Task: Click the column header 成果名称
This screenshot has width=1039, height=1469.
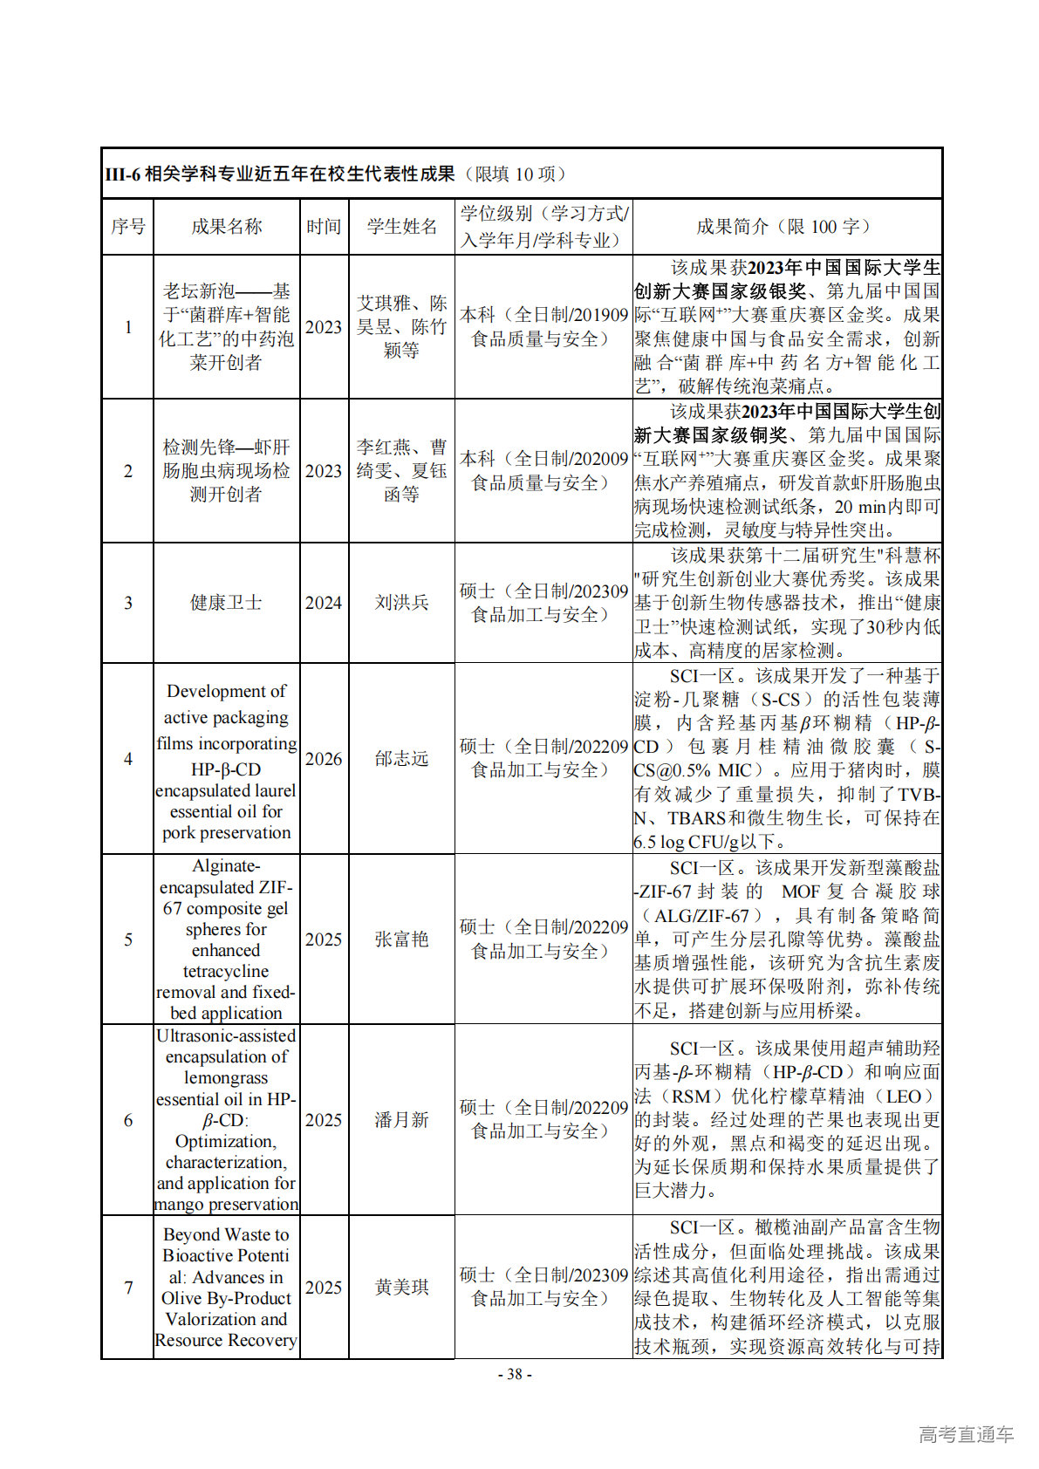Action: click(x=226, y=227)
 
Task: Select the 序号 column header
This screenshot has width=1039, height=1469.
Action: click(x=128, y=227)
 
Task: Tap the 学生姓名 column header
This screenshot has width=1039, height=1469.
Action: click(x=401, y=227)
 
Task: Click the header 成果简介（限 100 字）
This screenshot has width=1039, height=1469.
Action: click(x=786, y=227)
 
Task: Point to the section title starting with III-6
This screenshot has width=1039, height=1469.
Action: click(x=336, y=174)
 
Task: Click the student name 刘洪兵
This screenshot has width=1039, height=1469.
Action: click(x=401, y=603)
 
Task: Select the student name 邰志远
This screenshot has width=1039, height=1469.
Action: click(x=401, y=759)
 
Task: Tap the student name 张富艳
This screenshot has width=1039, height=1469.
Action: click(x=401, y=939)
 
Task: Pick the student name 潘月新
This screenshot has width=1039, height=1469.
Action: click(x=401, y=1120)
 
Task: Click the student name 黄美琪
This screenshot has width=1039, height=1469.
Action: click(x=401, y=1288)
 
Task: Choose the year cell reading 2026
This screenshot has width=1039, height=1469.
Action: click(x=324, y=759)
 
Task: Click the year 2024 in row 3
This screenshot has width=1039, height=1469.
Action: click(x=324, y=603)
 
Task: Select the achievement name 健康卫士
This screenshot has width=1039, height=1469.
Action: click(x=226, y=603)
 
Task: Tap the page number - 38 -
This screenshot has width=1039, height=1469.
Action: click(x=515, y=1375)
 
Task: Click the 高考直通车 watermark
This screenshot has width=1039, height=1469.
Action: click(x=966, y=1434)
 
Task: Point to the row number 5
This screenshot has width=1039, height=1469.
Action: click(x=128, y=939)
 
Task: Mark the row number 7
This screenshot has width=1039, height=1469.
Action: click(x=128, y=1288)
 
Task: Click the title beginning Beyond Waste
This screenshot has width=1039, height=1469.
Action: click(x=226, y=1288)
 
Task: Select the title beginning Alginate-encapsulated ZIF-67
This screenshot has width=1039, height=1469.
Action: click(x=226, y=939)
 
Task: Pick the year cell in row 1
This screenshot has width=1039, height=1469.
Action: click(x=324, y=327)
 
